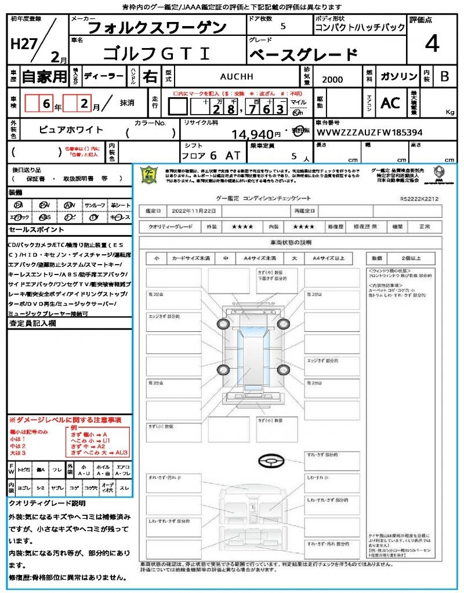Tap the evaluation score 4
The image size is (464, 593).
click(x=431, y=43)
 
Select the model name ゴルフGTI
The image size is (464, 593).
click(x=157, y=54)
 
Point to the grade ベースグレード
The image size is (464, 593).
click(x=303, y=55)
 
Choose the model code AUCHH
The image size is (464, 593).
click(x=237, y=76)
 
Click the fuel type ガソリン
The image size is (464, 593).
click(x=398, y=76)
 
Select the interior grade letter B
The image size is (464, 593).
click(x=444, y=76)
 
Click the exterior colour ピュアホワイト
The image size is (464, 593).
click(x=71, y=130)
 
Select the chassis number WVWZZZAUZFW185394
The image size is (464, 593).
click(x=369, y=133)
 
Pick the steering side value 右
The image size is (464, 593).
click(x=150, y=76)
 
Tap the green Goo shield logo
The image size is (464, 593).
click(x=150, y=175)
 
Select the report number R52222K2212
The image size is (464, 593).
click(x=419, y=199)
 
